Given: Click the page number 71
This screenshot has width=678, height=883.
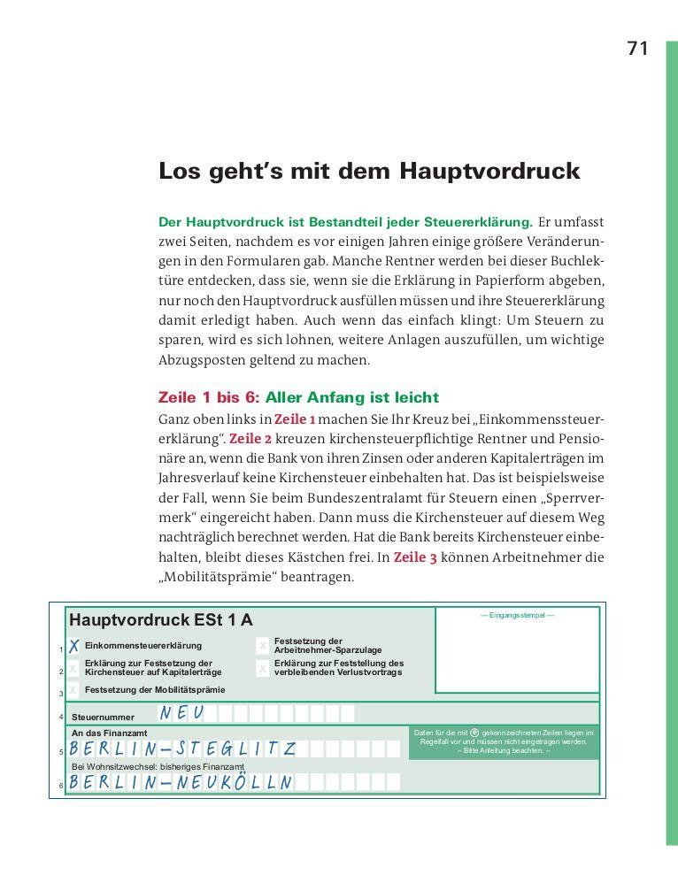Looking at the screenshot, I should pyautogui.click(x=637, y=50).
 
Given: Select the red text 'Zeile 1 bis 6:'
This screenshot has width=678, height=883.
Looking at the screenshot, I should pyautogui.click(x=209, y=397).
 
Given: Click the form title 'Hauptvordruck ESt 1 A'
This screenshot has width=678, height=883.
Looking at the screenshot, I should pyautogui.click(x=160, y=620).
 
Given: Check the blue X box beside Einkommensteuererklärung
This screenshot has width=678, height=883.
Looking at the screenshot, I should pyautogui.click(x=74, y=646).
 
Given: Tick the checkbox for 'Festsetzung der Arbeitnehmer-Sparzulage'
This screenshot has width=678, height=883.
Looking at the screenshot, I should pyautogui.click(x=263, y=646).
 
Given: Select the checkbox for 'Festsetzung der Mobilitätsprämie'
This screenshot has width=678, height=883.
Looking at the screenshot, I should pyautogui.click(x=74, y=689).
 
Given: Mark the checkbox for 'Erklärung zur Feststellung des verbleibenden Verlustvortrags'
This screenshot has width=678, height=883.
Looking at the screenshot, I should pyautogui.click(x=263, y=668).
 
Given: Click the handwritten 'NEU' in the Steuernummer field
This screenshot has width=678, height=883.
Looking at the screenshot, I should pyautogui.click(x=182, y=713).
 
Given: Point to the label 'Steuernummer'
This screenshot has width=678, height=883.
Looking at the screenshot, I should pyautogui.click(x=103, y=717).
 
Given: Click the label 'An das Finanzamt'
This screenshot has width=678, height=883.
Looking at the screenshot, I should pyautogui.click(x=109, y=733).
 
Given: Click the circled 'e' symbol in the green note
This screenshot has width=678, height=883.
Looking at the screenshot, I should pyautogui.click(x=474, y=733).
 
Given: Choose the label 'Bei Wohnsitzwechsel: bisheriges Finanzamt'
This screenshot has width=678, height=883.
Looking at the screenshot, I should pyautogui.click(x=158, y=766).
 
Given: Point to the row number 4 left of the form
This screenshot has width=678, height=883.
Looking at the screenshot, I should pyautogui.click(x=61, y=717).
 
